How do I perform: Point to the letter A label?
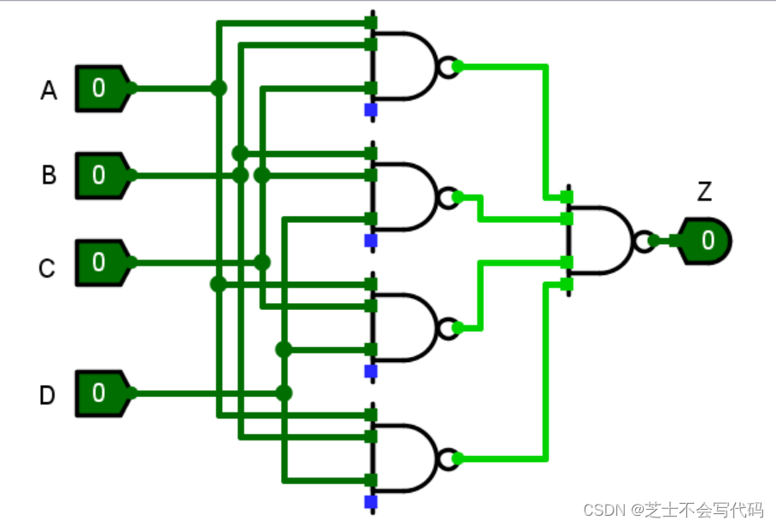coord(49,91)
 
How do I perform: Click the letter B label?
coord(49,176)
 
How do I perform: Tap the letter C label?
coord(47,269)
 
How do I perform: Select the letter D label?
coord(48,395)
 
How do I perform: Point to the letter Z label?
coord(704,192)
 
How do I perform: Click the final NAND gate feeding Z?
coord(601,241)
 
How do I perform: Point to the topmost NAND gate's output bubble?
coord(447,67)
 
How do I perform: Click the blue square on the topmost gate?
coord(370,110)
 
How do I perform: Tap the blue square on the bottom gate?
coord(370,501)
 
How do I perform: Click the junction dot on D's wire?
coord(283,393)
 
